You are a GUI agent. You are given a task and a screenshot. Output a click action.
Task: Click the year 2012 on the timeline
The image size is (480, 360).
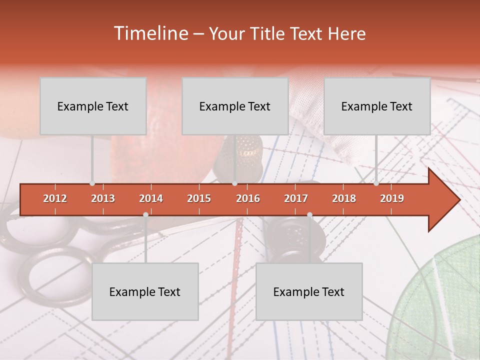pyautogui.click(x=55, y=198)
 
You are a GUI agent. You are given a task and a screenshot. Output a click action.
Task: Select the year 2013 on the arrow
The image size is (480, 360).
pyautogui.click(x=103, y=198)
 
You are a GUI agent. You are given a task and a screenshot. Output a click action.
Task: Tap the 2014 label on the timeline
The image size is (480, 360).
pyautogui.click(x=151, y=198)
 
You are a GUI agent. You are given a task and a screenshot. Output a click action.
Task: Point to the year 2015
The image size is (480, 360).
pyautogui.click(x=199, y=198)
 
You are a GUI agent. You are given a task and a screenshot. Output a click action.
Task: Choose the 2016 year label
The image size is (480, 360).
pyautogui.click(x=248, y=198)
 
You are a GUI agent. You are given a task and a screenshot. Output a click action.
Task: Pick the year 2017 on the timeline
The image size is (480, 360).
pyautogui.click(x=296, y=198)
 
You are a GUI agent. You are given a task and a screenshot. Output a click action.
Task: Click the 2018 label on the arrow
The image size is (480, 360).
pyautogui.click(x=344, y=198)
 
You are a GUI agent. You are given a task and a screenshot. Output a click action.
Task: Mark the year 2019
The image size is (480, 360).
pyautogui.click(x=392, y=198)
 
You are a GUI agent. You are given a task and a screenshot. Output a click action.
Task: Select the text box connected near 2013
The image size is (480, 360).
pyautogui.click(x=93, y=106)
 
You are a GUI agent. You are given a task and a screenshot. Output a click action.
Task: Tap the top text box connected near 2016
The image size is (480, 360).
pyautogui.click(x=235, y=106)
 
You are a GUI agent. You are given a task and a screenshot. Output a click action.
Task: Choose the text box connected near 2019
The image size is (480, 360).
pyautogui.click(x=377, y=106)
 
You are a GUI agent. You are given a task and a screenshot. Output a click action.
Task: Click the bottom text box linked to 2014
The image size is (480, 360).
pyautogui.click(x=145, y=291)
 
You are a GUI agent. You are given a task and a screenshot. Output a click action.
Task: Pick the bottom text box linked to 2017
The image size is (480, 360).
pyautogui.click(x=309, y=291)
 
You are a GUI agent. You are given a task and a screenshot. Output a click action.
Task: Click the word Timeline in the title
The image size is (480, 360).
pyautogui.click(x=150, y=33)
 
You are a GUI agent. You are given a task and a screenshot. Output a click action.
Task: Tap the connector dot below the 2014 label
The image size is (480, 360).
pyautogui.click(x=145, y=214)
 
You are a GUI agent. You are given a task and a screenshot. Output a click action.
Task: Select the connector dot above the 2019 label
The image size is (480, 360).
pyautogui.click(x=376, y=183)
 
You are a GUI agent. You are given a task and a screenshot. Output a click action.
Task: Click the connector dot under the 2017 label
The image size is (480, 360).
pyautogui.click(x=309, y=214)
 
